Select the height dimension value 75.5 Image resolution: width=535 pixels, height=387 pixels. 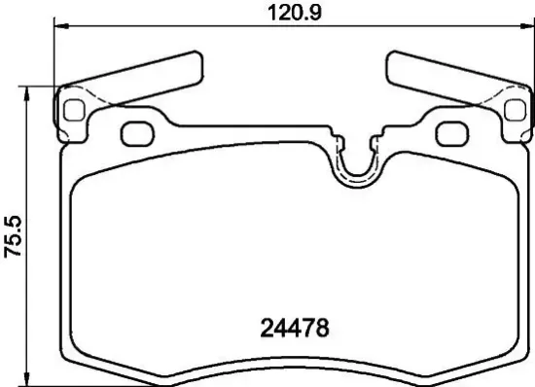pyautogui.click(x=12, y=235)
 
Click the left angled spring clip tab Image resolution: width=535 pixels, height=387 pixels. pyautogui.click(x=146, y=77)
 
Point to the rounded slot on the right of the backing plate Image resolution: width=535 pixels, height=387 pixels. pyautogui.click(x=450, y=132)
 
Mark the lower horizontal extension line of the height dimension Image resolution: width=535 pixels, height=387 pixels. pyautogui.click(x=39, y=383)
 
